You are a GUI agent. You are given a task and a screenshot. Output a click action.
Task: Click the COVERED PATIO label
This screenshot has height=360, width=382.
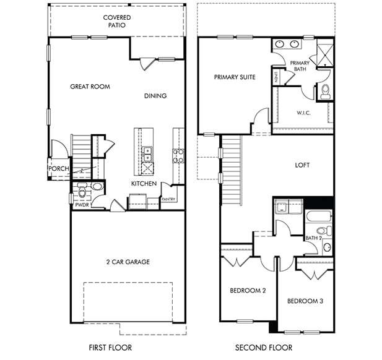(117, 22)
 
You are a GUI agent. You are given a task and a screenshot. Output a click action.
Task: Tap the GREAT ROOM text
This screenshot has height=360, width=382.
(90, 87)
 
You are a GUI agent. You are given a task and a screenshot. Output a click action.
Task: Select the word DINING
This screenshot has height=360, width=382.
(155, 96)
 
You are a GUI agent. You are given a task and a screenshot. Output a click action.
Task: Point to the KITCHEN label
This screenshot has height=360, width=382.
(144, 184)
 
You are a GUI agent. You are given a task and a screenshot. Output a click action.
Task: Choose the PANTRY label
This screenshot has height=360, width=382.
(168, 199)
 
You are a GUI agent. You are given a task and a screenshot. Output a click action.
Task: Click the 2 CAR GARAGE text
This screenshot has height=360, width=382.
(128, 262)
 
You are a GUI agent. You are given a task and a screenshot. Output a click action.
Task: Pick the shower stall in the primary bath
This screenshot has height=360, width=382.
(325, 55)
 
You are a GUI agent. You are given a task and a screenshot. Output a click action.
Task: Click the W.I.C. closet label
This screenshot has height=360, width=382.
(303, 113)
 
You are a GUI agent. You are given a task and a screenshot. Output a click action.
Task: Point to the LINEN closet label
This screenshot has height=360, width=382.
(276, 77)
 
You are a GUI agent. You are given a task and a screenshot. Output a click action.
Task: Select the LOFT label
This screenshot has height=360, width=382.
(302, 165)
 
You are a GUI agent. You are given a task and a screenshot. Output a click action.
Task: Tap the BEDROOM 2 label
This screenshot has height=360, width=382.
(248, 290)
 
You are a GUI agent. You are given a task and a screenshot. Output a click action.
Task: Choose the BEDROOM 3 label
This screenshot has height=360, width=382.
(305, 301)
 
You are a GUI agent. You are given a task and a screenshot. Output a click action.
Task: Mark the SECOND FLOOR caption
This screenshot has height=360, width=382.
(264, 348)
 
